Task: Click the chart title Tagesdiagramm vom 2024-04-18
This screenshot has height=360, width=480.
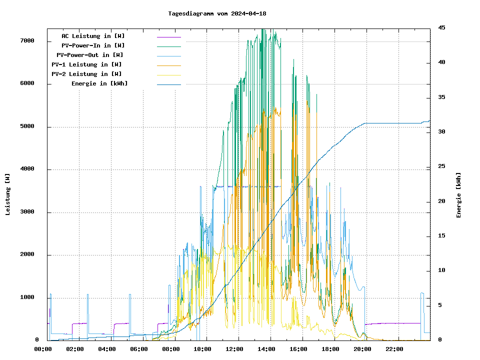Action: (217, 13)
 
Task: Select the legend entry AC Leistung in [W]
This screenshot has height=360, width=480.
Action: (93, 36)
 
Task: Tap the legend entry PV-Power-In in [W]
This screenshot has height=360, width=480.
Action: (96, 45)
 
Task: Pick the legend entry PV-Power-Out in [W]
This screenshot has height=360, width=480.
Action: (90, 55)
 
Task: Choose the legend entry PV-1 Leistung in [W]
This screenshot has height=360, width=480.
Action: (86, 64)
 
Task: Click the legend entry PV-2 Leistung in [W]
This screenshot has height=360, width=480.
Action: (86, 74)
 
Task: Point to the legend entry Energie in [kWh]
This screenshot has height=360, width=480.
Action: (99, 83)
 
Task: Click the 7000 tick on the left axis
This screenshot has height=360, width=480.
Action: (27, 41)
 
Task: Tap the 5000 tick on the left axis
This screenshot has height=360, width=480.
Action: (27, 126)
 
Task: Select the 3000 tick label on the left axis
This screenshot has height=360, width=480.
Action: (27, 212)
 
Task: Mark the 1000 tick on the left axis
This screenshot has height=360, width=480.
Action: (27, 298)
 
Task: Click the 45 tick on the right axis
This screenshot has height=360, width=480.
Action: (441, 27)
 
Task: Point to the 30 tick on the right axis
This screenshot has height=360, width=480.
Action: (441, 132)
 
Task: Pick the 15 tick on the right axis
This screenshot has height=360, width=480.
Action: (441, 236)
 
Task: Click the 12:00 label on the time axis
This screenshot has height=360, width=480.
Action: (235, 349)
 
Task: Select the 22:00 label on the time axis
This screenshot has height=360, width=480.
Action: (395, 349)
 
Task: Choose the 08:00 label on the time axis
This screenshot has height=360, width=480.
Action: (171, 349)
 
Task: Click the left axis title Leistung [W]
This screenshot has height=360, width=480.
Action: (8, 194)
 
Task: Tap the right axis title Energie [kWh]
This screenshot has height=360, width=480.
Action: (459, 195)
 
